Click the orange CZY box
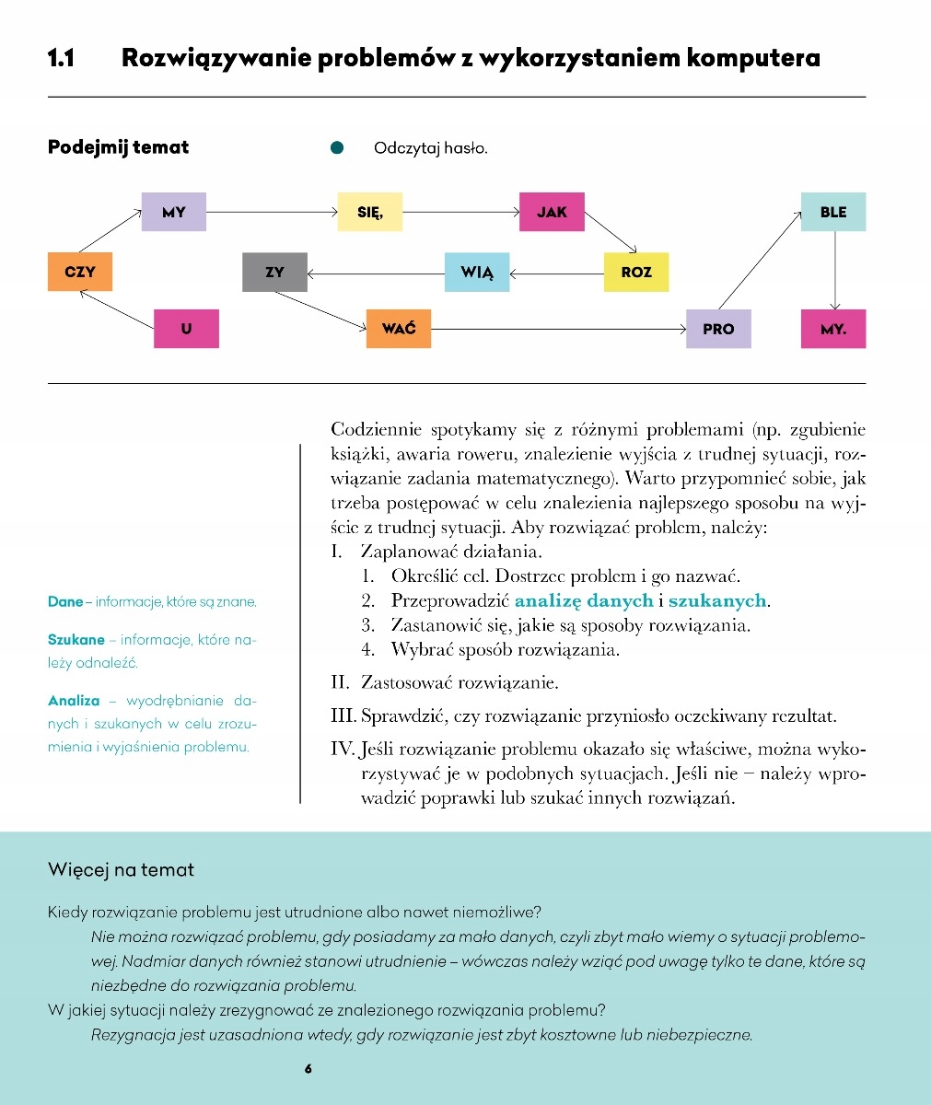(80, 272)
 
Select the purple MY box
(174, 212)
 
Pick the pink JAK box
(552, 212)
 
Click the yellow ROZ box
(636, 272)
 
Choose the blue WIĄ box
(477, 272)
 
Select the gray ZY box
(274, 272)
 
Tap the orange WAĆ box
(399, 329)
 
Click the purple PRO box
(718, 329)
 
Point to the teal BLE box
(833, 212)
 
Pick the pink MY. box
(833, 329)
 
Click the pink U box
(187, 329)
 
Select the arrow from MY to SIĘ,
(272, 212)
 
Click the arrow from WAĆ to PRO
(558, 329)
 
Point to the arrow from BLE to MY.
(834, 270)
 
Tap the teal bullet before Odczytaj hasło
(337, 147)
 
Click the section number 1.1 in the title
(61, 59)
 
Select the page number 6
(308, 1069)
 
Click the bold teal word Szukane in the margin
(76, 640)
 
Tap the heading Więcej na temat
(121, 869)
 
